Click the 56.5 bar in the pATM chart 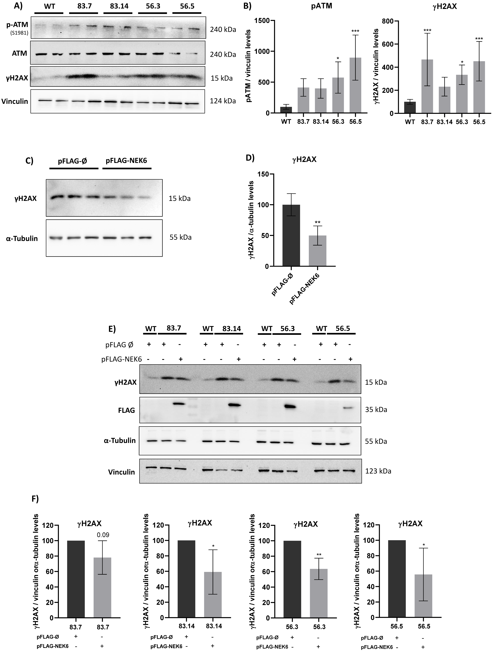[355, 85]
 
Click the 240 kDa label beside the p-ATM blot [223, 29]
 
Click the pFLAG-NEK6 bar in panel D [317, 251]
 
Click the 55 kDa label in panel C [180, 237]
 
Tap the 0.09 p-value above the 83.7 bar [103, 535]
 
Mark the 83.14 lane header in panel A [119, 6]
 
